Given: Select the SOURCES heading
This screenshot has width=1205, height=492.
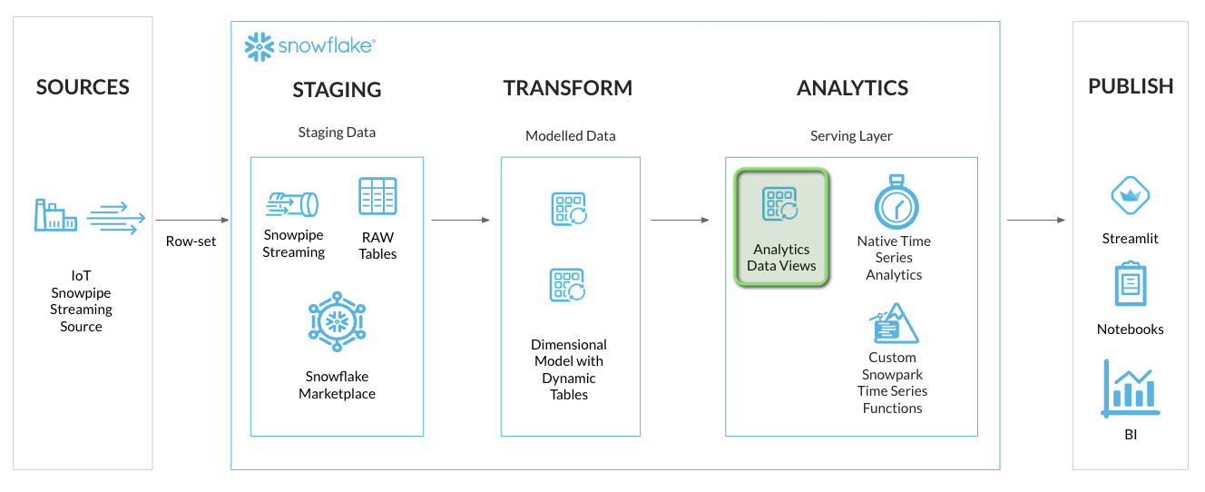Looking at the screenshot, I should tap(83, 87).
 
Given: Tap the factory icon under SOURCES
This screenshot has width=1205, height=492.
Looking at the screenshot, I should tap(54, 215).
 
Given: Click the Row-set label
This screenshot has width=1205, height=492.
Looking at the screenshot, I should tap(191, 241).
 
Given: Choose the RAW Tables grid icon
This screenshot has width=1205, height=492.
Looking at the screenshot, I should tap(377, 196).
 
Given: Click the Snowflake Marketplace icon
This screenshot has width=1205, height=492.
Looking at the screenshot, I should tap(337, 322).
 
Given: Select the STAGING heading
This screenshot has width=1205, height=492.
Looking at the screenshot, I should tap(337, 90).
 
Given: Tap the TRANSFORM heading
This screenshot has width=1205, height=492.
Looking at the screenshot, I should tap(568, 88).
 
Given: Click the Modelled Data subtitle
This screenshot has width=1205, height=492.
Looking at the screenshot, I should tap(570, 136).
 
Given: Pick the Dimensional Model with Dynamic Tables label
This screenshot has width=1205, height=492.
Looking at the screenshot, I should tap(569, 369).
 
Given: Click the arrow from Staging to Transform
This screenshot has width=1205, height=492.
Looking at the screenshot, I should tap(460, 220).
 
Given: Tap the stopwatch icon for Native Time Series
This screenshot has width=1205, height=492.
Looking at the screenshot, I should tap(895, 202).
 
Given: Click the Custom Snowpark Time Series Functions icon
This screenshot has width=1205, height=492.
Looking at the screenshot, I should tap(893, 324).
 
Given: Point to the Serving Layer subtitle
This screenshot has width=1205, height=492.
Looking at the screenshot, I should tap(851, 136).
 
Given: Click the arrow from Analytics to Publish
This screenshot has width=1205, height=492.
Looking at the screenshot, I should tap(1034, 220).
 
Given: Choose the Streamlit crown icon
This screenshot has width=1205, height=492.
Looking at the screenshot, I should tap(1131, 195).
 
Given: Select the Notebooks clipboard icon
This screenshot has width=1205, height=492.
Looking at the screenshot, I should tap(1131, 283).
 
